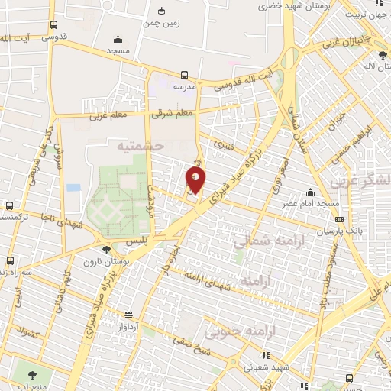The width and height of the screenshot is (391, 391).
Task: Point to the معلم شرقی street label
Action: (x=173, y=114)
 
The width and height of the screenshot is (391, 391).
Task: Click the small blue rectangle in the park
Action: (x=73, y=187)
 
